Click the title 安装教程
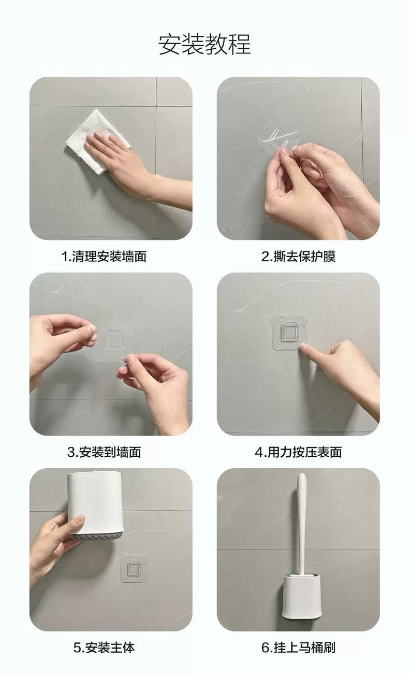(204, 44)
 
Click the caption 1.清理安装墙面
(104, 256)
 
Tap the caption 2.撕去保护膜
(298, 256)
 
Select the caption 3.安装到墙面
(104, 452)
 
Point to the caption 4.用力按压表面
(298, 452)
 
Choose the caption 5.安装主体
(104, 648)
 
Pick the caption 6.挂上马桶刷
(298, 648)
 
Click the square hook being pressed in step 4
(290, 332)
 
